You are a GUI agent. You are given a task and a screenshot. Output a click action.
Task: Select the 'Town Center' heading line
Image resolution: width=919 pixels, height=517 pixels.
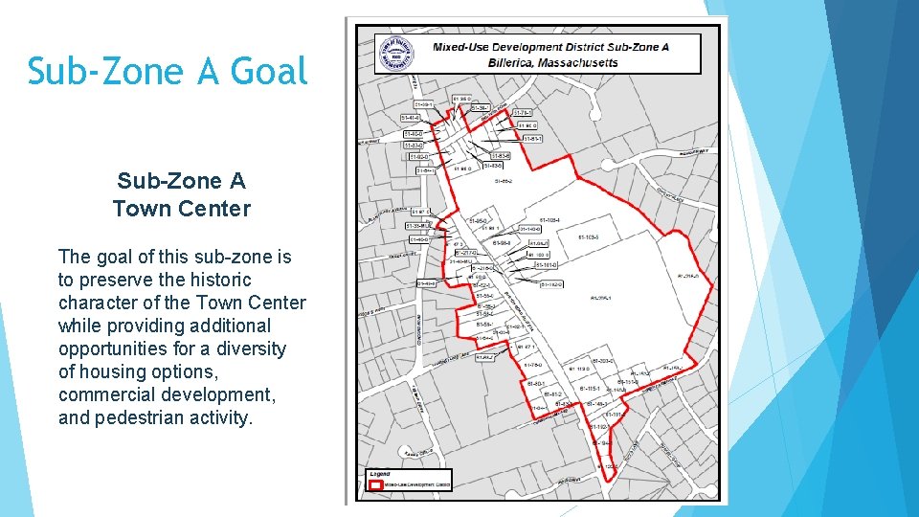[181, 208]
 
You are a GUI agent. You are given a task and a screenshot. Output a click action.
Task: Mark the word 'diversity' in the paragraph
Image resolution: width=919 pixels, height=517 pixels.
[252, 348]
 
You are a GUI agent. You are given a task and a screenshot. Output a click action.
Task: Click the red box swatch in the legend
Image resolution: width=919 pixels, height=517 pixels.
[376, 485]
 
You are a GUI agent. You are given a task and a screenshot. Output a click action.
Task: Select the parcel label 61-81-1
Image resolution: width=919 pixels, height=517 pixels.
[532, 139]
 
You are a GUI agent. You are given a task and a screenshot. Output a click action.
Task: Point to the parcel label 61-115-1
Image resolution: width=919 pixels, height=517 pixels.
[589, 389]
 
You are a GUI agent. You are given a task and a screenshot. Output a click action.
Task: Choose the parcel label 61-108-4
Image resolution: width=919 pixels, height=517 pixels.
[549, 220]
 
